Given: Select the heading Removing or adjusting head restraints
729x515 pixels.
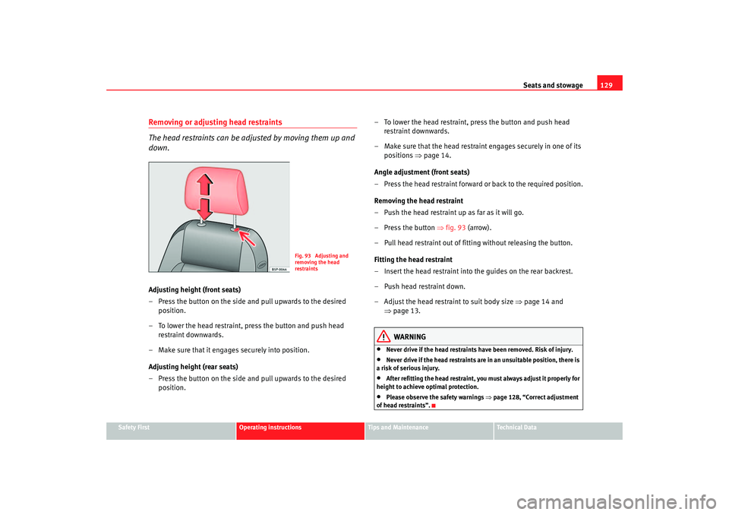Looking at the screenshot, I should tap(216, 122).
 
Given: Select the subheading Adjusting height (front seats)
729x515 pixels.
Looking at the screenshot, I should tap(195, 290).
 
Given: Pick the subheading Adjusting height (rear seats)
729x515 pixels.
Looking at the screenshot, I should tap(194, 367).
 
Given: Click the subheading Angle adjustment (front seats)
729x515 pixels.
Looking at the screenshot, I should tap(421, 172).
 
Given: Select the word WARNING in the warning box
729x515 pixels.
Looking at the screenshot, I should tap(410, 336).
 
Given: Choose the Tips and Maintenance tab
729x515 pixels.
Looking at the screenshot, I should tap(399, 428).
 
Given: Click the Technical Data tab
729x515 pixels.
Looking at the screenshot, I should tap(517, 428).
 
